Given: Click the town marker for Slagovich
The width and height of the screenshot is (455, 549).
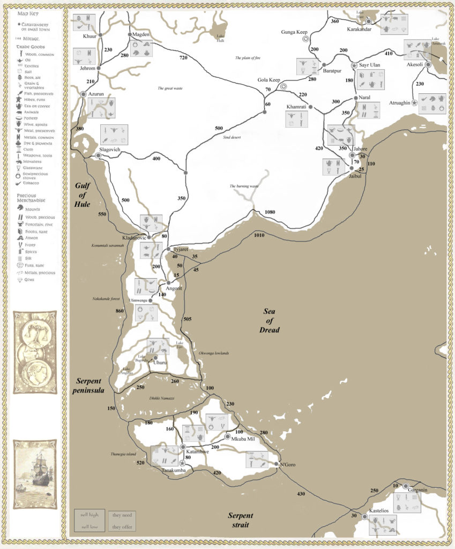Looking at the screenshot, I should [98, 155].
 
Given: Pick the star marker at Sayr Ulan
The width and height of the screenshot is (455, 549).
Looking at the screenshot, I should [354, 65].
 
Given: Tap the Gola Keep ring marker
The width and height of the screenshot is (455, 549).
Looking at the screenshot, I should [284, 86].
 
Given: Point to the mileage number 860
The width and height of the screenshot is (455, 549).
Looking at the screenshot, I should [119, 311].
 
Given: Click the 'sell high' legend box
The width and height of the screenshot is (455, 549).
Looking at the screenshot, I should [89, 515].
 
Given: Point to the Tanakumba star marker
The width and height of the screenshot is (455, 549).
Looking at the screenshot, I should [182, 463].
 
